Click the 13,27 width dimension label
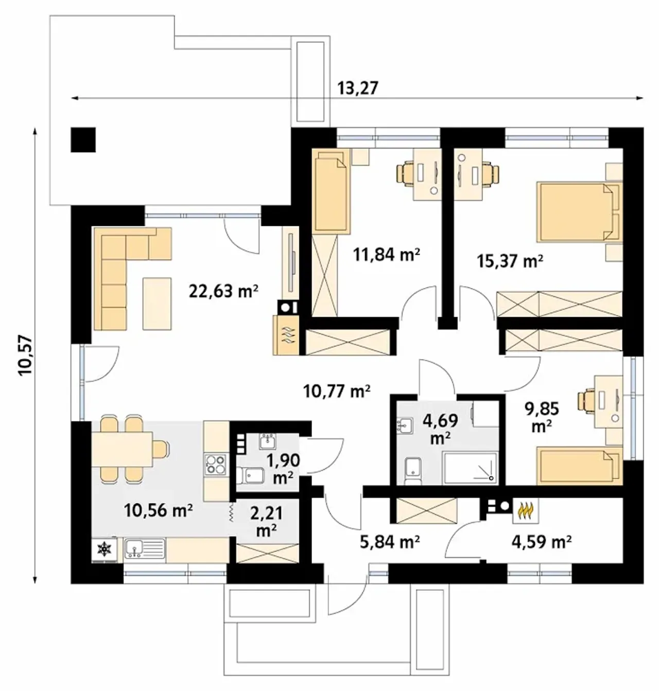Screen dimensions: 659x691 358,88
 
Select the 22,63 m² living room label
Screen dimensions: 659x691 224,291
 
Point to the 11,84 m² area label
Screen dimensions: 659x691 387,255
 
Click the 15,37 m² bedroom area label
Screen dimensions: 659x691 510,261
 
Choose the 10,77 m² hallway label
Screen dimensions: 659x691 337,391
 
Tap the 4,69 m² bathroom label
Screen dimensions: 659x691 440,429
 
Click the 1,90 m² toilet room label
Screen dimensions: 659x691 284,468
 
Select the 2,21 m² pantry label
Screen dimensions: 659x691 266,522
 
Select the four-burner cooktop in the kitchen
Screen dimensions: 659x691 216,464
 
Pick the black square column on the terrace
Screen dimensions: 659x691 83,139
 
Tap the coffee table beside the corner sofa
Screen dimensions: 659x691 157,304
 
